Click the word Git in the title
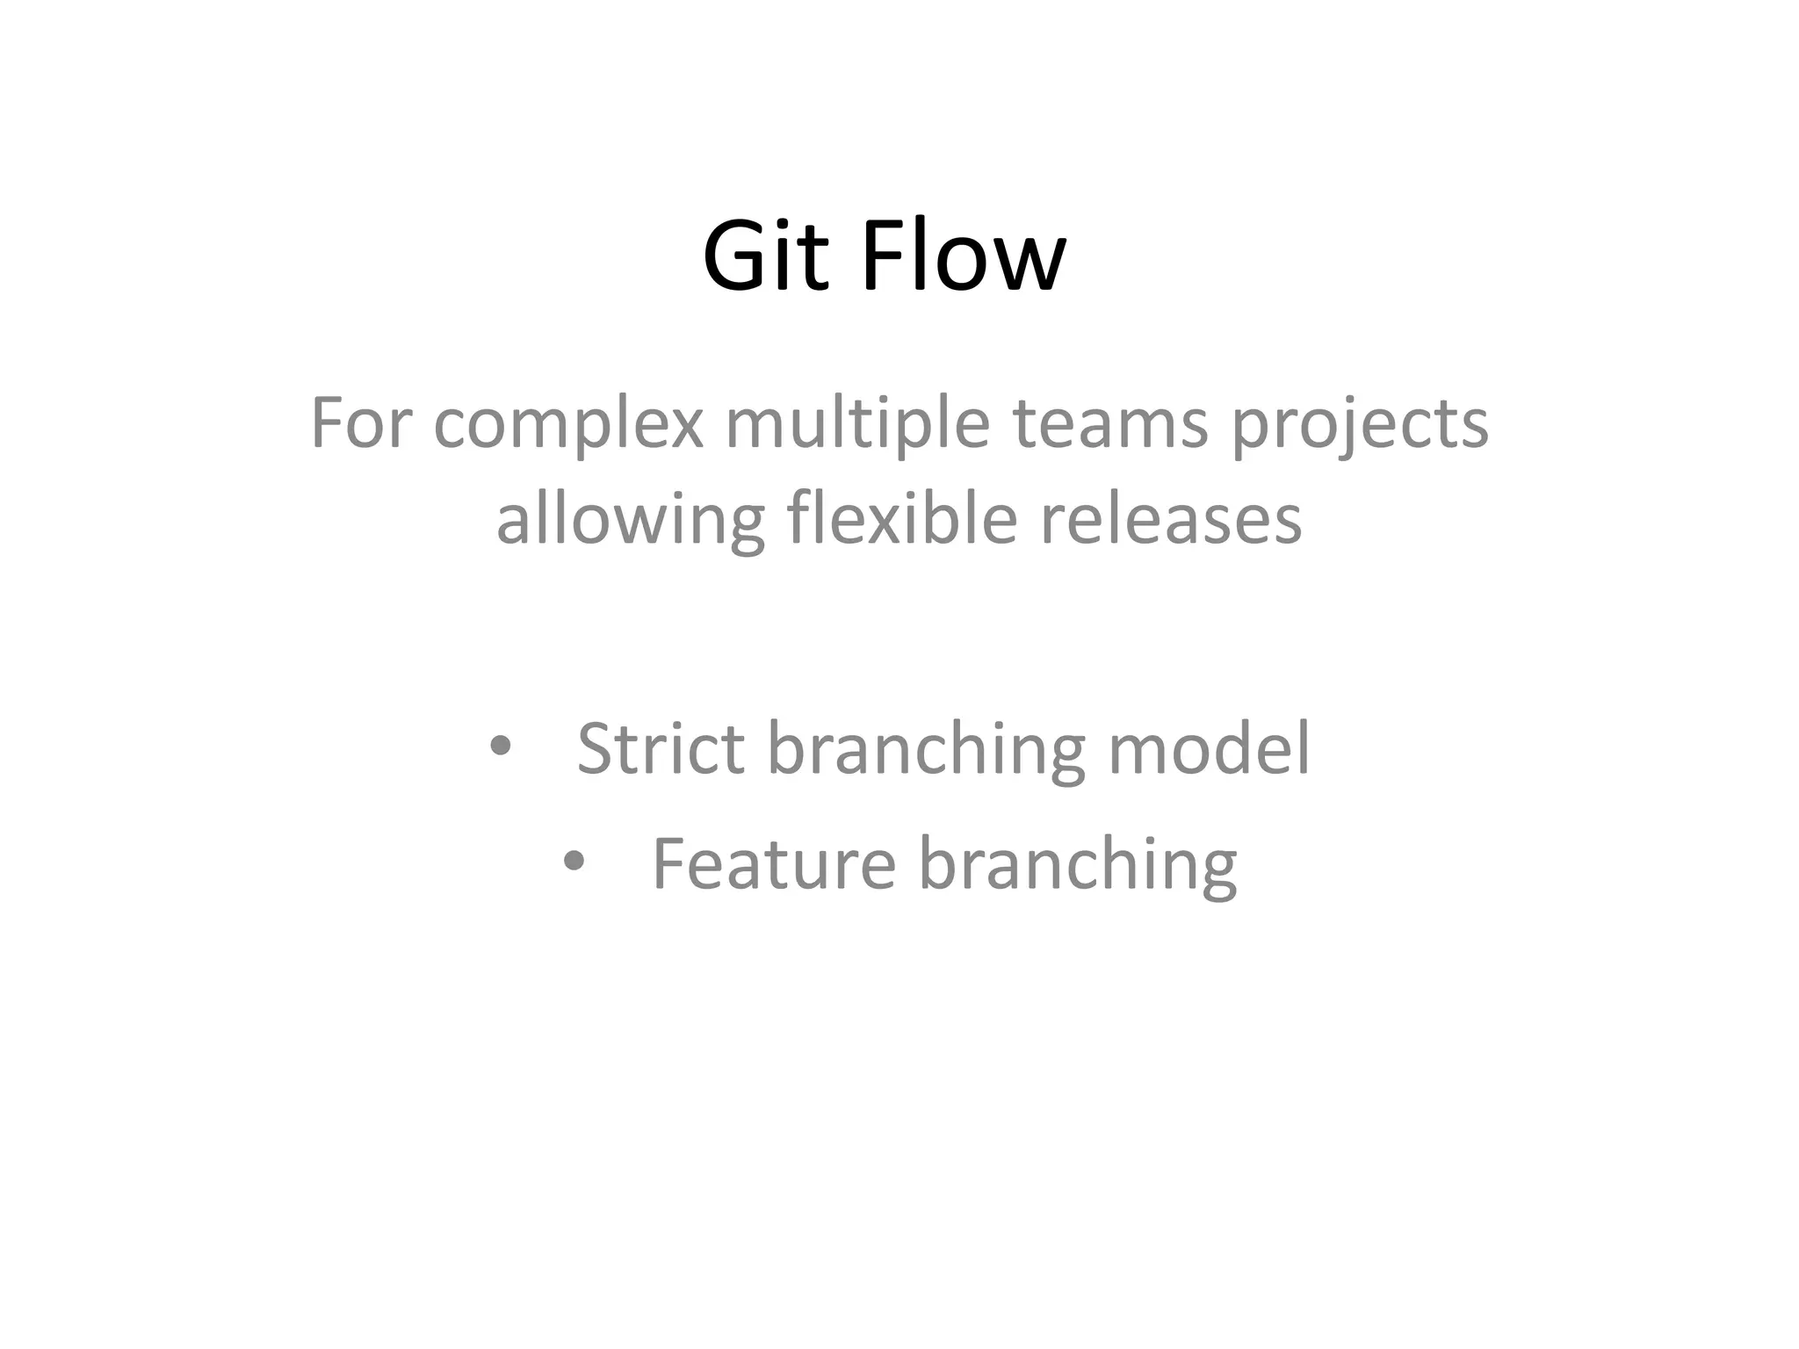pyautogui.click(x=765, y=257)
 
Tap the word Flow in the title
pyautogui.click(x=964, y=257)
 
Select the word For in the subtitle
pyautogui.click(x=360, y=423)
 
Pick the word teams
pyautogui.click(x=1110, y=423)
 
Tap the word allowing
pyautogui.click(x=630, y=520)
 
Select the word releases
pyautogui.click(x=1171, y=519)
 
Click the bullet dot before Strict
pyautogui.click(x=500, y=747)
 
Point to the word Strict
pyautogui.click(x=661, y=748)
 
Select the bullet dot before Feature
pyautogui.click(x=574, y=862)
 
